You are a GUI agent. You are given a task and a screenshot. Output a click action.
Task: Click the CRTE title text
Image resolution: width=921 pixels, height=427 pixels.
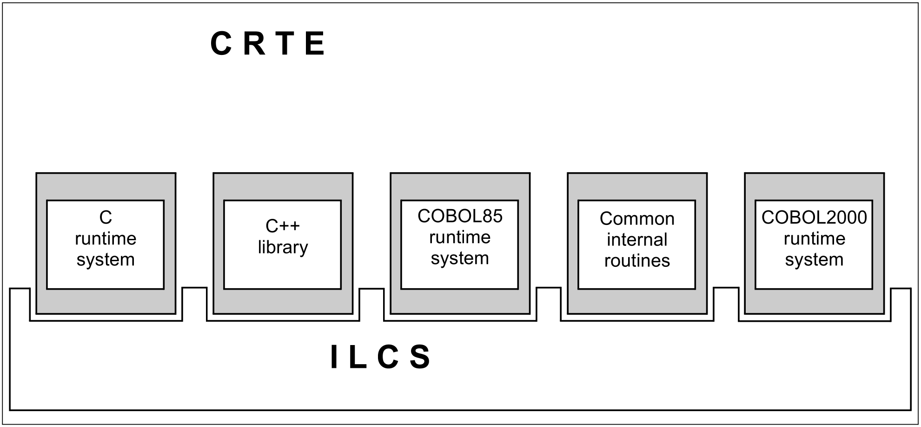(267, 44)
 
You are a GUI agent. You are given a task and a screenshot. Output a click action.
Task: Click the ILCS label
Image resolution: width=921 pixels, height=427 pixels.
(381, 358)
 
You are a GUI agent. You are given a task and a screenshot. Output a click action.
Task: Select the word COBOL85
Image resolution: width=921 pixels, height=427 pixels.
(460, 216)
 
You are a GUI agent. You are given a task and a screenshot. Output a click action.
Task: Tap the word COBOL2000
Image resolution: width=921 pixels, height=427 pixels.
(814, 217)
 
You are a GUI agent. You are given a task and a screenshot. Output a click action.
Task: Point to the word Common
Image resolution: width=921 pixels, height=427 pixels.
(636, 218)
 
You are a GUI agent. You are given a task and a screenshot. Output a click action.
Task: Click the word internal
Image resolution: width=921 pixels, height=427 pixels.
(636, 239)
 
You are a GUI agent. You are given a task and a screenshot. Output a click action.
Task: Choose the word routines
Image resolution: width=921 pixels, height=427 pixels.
(636, 260)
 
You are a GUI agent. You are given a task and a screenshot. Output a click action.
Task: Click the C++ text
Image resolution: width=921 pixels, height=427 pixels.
(282, 226)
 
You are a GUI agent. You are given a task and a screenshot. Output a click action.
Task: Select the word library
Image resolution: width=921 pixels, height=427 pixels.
(283, 247)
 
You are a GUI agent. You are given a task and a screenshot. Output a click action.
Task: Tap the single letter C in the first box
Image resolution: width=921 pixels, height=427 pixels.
(106, 217)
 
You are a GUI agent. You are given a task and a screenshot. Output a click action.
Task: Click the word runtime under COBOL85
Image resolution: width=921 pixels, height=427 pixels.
(460, 237)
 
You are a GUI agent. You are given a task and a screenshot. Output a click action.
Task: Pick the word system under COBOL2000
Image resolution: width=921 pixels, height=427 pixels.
(814, 259)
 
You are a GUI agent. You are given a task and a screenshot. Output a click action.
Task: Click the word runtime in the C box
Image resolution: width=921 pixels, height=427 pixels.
(106, 238)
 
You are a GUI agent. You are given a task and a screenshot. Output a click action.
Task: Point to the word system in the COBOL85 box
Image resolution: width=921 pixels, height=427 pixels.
(460, 258)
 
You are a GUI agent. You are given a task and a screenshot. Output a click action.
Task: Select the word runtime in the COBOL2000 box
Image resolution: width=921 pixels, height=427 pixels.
(814, 238)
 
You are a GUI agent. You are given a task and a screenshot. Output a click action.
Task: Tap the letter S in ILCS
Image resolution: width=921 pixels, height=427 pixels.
(420, 358)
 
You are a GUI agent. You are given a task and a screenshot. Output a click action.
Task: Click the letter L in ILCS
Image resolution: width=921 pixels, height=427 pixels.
(357, 358)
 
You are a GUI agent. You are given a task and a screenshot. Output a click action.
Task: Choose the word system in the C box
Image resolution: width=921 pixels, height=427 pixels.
(106, 259)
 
